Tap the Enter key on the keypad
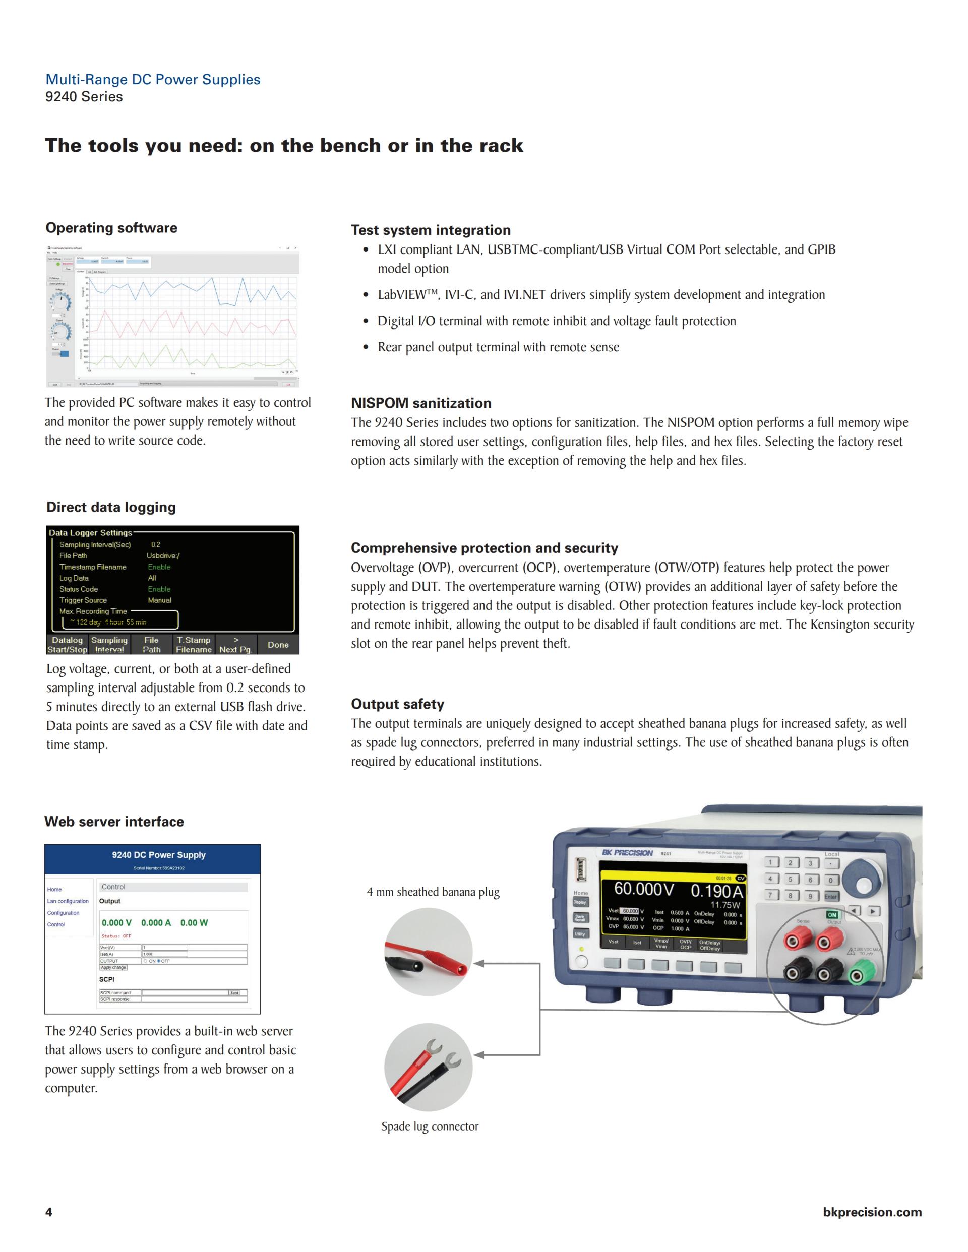click(x=830, y=896)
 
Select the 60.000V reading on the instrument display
click(x=643, y=889)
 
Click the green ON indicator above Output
click(x=832, y=915)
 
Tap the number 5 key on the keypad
click(x=790, y=880)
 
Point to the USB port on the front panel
click(x=580, y=870)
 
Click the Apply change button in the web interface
click(x=113, y=968)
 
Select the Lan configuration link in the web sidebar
click(x=68, y=901)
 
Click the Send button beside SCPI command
click(x=234, y=993)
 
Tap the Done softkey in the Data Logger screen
click(x=278, y=644)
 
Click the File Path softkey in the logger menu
click(x=151, y=644)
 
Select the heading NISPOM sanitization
click(x=421, y=403)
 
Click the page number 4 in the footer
click(x=49, y=1212)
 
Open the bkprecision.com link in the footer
click(x=872, y=1212)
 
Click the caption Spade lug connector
click(x=430, y=1126)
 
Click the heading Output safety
click(x=397, y=704)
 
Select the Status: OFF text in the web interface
click(x=116, y=936)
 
